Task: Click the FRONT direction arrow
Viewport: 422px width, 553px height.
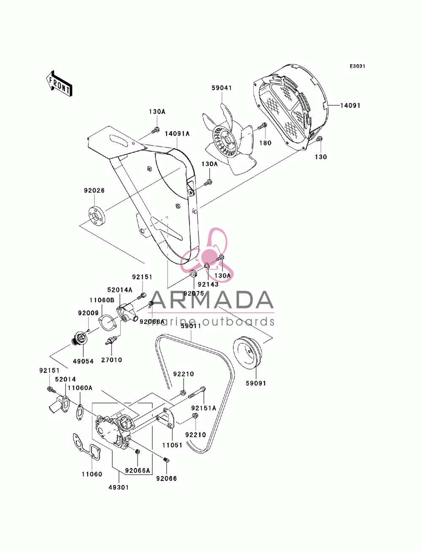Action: pos(59,84)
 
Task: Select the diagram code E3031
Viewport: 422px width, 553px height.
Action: pos(357,66)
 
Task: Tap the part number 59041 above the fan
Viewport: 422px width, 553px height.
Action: pos(222,88)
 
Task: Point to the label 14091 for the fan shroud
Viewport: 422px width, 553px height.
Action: pos(350,106)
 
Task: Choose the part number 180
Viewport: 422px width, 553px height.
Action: pos(265,143)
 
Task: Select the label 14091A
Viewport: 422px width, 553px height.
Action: pos(177,134)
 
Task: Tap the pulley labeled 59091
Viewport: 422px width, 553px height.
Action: pos(248,352)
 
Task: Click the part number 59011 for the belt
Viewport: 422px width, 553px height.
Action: pos(191,326)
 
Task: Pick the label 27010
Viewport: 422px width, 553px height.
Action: pos(111,360)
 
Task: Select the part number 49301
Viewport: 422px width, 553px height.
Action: pos(119,488)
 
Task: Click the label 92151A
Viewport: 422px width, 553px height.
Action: pos(203,408)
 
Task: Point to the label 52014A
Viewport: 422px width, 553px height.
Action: pos(120,290)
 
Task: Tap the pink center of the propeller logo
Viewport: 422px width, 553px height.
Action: pos(210,255)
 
